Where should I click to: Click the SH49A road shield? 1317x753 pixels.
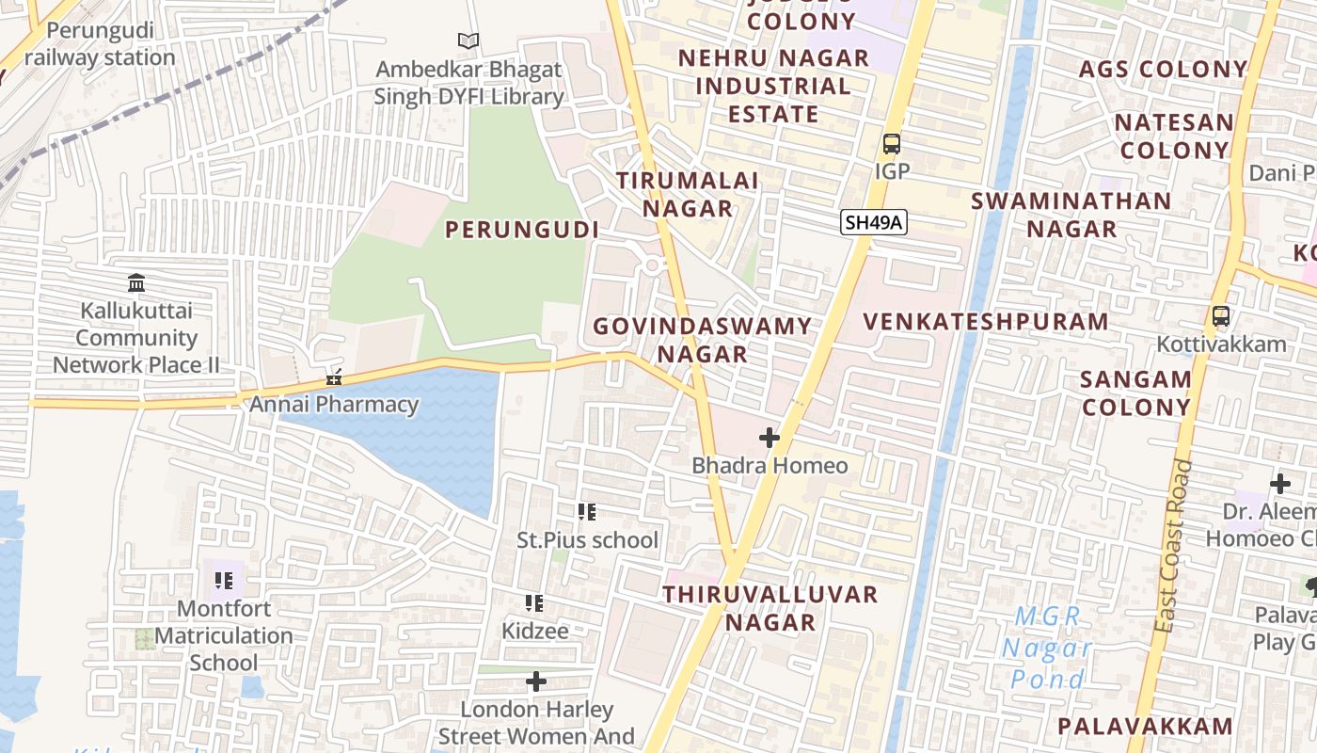coord(873,223)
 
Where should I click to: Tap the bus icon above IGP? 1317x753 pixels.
coord(891,145)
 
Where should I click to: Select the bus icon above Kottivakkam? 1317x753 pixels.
coord(1220,316)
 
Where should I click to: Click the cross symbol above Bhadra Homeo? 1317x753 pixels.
coord(770,438)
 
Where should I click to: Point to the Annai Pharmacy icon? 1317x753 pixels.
coord(333,378)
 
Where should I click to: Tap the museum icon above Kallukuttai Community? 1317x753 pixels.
coord(136,282)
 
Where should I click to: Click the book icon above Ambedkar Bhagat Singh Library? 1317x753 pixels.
coord(468,40)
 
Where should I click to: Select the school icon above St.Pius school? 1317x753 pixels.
coord(587,512)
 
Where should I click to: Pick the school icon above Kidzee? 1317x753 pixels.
coord(534,602)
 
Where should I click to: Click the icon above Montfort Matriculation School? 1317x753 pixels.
coord(223,580)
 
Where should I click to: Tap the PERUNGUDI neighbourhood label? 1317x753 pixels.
coord(522,230)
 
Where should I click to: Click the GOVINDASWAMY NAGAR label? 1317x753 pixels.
coord(702,340)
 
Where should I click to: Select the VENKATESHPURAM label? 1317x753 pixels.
coord(986,321)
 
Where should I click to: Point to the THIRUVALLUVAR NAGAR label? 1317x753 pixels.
coord(770,608)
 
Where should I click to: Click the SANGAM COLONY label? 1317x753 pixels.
coord(1135,393)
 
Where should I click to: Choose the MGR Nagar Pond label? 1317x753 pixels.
coord(1046,648)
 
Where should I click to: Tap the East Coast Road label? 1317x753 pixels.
coord(1174,546)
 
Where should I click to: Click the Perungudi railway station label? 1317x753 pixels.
coord(100,44)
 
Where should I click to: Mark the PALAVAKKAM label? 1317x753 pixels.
coord(1145,726)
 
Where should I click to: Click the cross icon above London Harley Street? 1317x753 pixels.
coord(536,681)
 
